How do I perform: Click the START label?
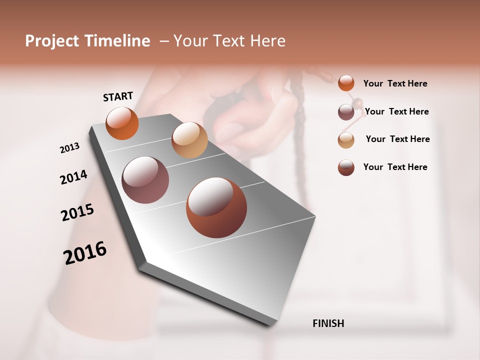click(x=118, y=96)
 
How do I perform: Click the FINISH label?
click(x=328, y=323)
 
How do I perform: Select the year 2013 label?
click(x=69, y=148)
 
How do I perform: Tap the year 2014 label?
click(x=73, y=177)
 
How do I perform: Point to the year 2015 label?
click(x=77, y=212)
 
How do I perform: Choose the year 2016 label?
click(x=85, y=253)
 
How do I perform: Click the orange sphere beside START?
click(x=122, y=123)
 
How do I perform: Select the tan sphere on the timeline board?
click(x=189, y=140)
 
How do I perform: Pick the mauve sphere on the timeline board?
click(x=145, y=180)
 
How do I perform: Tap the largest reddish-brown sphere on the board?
click(x=216, y=207)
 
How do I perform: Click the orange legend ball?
click(x=346, y=83)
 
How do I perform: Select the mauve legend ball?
click(x=346, y=112)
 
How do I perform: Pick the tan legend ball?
click(x=346, y=140)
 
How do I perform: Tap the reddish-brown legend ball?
click(x=346, y=167)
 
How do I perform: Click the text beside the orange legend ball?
click(x=395, y=83)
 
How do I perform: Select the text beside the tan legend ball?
click(x=397, y=139)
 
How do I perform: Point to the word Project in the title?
click(x=52, y=41)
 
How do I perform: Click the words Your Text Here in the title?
click(x=229, y=41)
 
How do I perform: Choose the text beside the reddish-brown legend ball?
click(x=395, y=167)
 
